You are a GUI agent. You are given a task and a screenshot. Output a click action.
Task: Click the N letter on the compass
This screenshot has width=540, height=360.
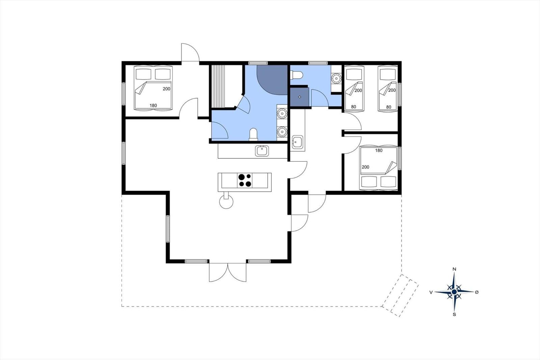click(x=454, y=269)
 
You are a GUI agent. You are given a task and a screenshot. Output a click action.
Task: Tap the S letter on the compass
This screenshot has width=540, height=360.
click(x=454, y=314)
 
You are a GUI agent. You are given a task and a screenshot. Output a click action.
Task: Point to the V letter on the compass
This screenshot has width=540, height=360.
click(x=431, y=292)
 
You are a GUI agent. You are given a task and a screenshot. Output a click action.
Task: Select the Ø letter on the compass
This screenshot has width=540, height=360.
click(x=477, y=292)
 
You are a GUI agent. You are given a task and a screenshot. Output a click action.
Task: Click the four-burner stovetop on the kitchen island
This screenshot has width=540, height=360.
click(x=245, y=180)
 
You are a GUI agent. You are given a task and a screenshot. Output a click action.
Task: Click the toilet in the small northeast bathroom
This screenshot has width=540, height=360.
click(x=297, y=75)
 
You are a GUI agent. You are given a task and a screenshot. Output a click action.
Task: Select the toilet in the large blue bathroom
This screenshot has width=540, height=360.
click(x=253, y=134)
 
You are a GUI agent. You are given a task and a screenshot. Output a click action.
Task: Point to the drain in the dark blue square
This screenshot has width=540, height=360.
click(x=300, y=97)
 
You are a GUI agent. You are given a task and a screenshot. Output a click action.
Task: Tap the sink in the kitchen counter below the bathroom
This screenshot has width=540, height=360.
click(x=262, y=151)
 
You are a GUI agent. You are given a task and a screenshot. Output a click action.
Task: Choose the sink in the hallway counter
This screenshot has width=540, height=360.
click(x=297, y=142)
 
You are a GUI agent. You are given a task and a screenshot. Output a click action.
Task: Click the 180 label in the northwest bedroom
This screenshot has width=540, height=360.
click(x=153, y=105)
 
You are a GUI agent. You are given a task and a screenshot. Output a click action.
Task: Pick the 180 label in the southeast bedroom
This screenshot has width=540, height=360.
click(x=379, y=151)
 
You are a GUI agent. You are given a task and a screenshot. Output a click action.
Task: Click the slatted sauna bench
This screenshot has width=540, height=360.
click(x=218, y=86)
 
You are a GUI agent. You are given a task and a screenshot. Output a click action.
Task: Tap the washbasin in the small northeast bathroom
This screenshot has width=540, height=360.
click(x=336, y=78)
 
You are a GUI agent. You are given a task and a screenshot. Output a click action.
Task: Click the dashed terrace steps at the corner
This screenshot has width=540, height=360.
click(x=400, y=295)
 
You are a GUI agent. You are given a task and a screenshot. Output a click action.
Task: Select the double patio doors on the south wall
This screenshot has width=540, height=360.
click(x=227, y=272)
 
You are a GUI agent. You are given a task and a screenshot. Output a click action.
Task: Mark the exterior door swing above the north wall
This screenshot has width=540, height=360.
click(x=190, y=52)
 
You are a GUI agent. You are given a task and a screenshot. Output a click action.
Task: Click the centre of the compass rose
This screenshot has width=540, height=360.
click(x=454, y=292)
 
